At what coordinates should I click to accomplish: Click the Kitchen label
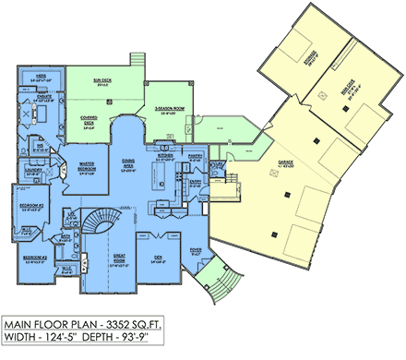pyautogui.click(x=168, y=156)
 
